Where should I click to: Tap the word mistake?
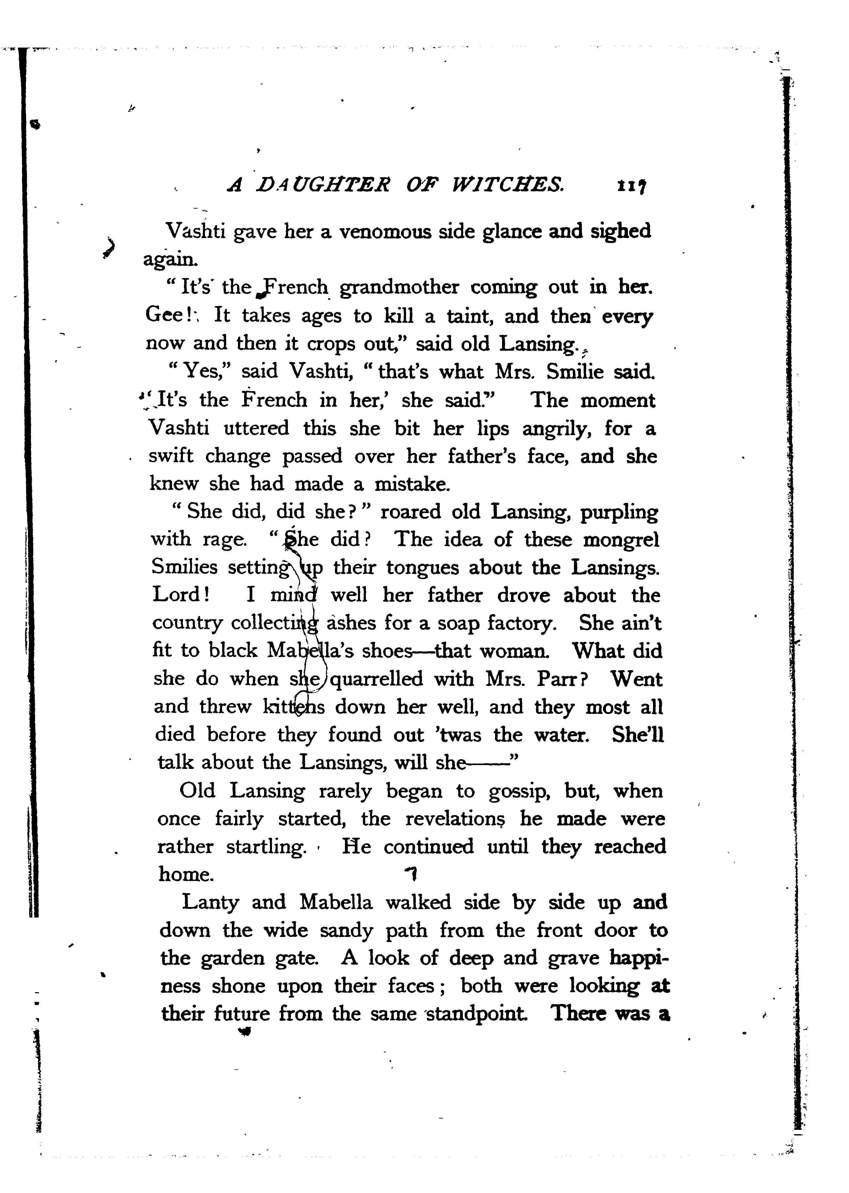412,484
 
